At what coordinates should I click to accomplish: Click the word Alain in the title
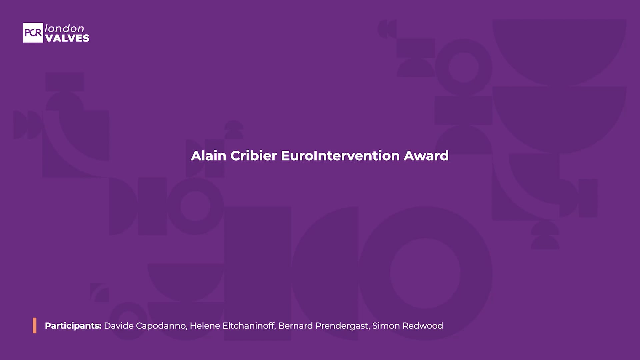click(x=208, y=156)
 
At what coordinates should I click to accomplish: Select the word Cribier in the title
click(x=254, y=156)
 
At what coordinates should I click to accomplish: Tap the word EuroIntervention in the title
click(x=340, y=156)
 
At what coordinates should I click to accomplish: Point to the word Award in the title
click(x=426, y=156)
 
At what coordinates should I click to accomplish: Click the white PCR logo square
click(x=33, y=33)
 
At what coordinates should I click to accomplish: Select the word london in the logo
click(x=64, y=28)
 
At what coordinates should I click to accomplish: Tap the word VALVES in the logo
click(x=67, y=38)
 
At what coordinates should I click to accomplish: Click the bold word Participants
click(x=73, y=326)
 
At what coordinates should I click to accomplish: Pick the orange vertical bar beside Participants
click(x=35, y=325)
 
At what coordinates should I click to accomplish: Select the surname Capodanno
click(x=161, y=326)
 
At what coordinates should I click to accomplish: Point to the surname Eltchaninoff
click(x=249, y=326)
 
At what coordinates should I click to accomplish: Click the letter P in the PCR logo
click(x=27, y=33)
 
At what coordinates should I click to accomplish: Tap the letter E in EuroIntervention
click(x=285, y=156)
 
